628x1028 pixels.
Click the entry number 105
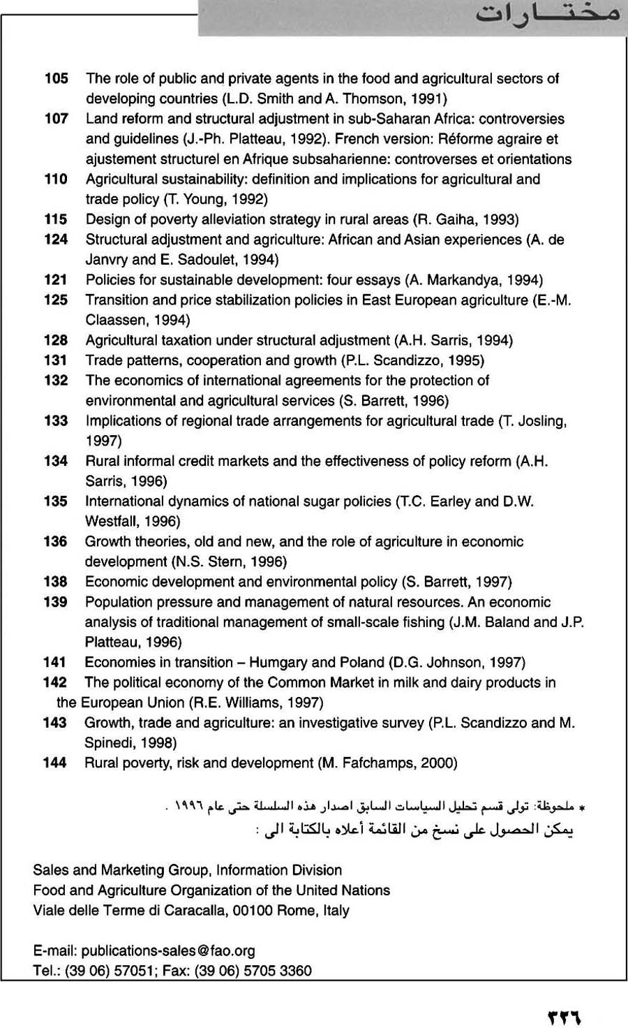click(x=57, y=78)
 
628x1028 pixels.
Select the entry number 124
click(x=56, y=240)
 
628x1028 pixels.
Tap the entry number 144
click(x=54, y=763)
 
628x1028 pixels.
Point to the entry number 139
click(x=55, y=602)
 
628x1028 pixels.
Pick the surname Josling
click(x=539, y=420)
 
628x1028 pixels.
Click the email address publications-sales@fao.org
click(x=168, y=950)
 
